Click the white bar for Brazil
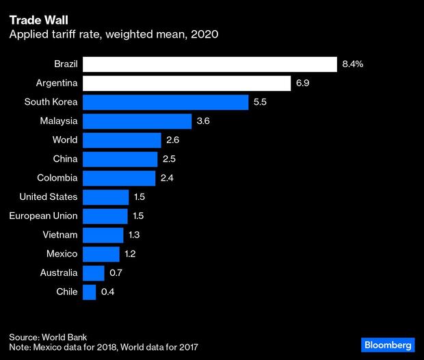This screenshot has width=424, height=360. point(209,64)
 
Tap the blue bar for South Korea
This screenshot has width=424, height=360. point(165,103)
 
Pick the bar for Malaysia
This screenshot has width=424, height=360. point(137,121)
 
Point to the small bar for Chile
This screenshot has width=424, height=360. point(89,292)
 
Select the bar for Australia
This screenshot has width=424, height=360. point(93,273)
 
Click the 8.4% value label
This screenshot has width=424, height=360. point(353,64)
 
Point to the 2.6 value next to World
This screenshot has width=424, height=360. point(173,140)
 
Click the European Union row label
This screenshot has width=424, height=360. point(43,216)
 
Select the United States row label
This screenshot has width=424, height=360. point(48,197)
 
